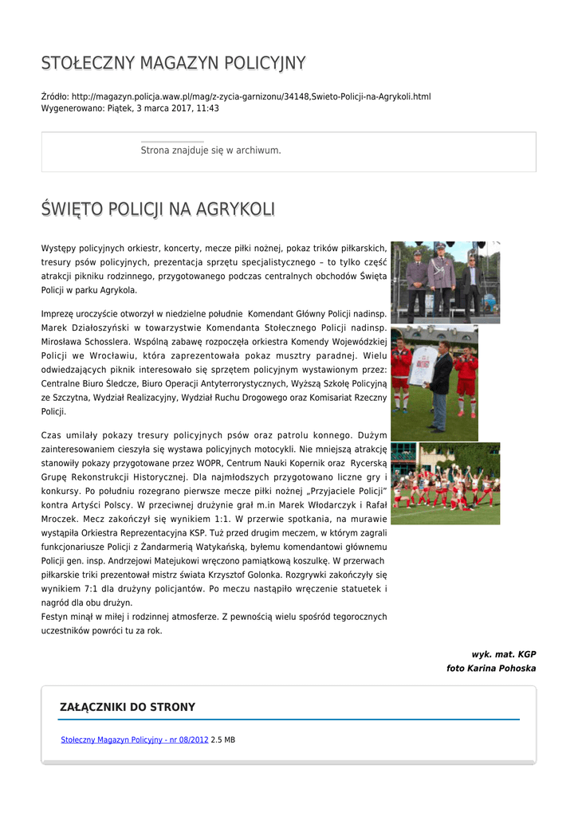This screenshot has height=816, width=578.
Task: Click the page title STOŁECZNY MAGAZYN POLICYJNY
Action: tap(173, 63)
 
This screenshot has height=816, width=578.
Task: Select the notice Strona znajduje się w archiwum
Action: tap(210, 150)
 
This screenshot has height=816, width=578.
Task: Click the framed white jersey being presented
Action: tap(423, 365)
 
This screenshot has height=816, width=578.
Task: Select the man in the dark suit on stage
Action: tap(473, 283)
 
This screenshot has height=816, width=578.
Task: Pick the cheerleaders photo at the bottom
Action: tap(445, 483)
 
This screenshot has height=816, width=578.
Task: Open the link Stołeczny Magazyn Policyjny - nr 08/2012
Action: tap(135, 739)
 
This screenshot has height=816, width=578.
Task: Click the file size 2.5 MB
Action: tap(223, 739)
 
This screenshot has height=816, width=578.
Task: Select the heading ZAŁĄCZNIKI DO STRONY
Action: tap(128, 707)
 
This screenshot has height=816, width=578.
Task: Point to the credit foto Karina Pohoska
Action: tap(491, 669)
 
